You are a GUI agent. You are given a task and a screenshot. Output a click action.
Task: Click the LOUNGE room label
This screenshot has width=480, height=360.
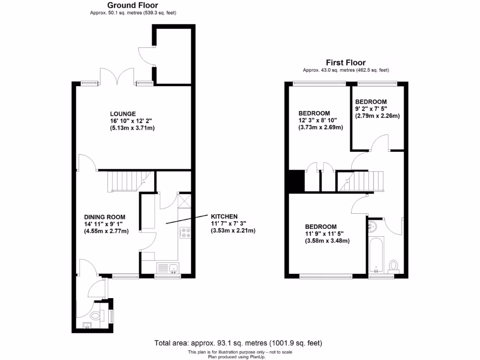[123, 113]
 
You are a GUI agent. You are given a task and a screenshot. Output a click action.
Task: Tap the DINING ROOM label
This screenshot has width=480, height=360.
[105, 217]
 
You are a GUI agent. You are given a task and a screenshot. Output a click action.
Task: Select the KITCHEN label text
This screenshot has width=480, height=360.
[224, 216]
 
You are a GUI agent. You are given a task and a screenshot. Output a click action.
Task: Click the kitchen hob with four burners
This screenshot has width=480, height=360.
[184, 232]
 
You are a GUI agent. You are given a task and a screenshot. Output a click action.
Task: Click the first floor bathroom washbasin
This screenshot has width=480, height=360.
[374, 226]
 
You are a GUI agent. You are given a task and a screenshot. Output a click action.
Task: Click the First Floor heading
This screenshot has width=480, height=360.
[345, 62]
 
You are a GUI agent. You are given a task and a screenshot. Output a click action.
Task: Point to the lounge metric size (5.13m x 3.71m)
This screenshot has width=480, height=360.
[132, 128]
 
